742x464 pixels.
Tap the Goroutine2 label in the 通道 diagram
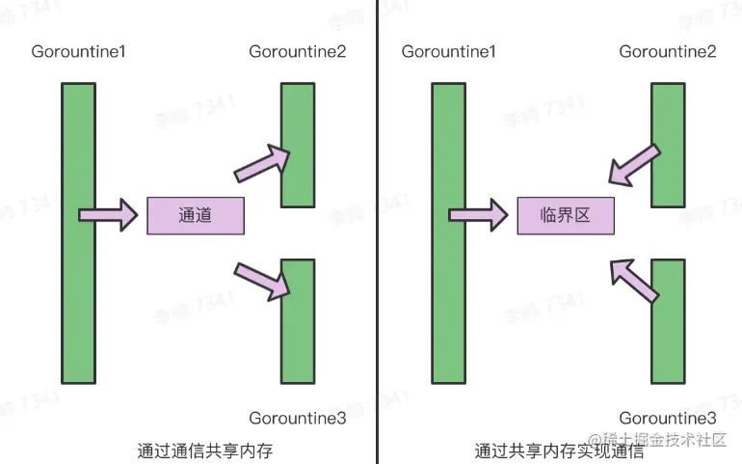click(x=298, y=50)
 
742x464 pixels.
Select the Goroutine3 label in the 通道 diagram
click(x=298, y=418)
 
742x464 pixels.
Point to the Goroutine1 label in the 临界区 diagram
click(x=448, y=50)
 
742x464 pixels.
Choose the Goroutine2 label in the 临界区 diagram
click(x=668, y=50)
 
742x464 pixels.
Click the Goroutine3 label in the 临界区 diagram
click(x=668, y=418)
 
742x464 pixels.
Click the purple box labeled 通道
click(x=196, y=215)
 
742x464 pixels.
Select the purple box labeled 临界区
click(x=566, y=215)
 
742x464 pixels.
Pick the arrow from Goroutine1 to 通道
click(x=108, y=214)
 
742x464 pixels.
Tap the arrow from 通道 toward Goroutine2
click(x=263, y=163)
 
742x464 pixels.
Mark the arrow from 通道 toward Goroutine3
click(x=263, y=277)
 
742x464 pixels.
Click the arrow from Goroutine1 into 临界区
click(x=478, y=214)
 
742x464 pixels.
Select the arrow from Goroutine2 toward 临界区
click(x=634, y=164)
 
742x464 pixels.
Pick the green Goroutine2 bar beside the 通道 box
click(x=298, y=145)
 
